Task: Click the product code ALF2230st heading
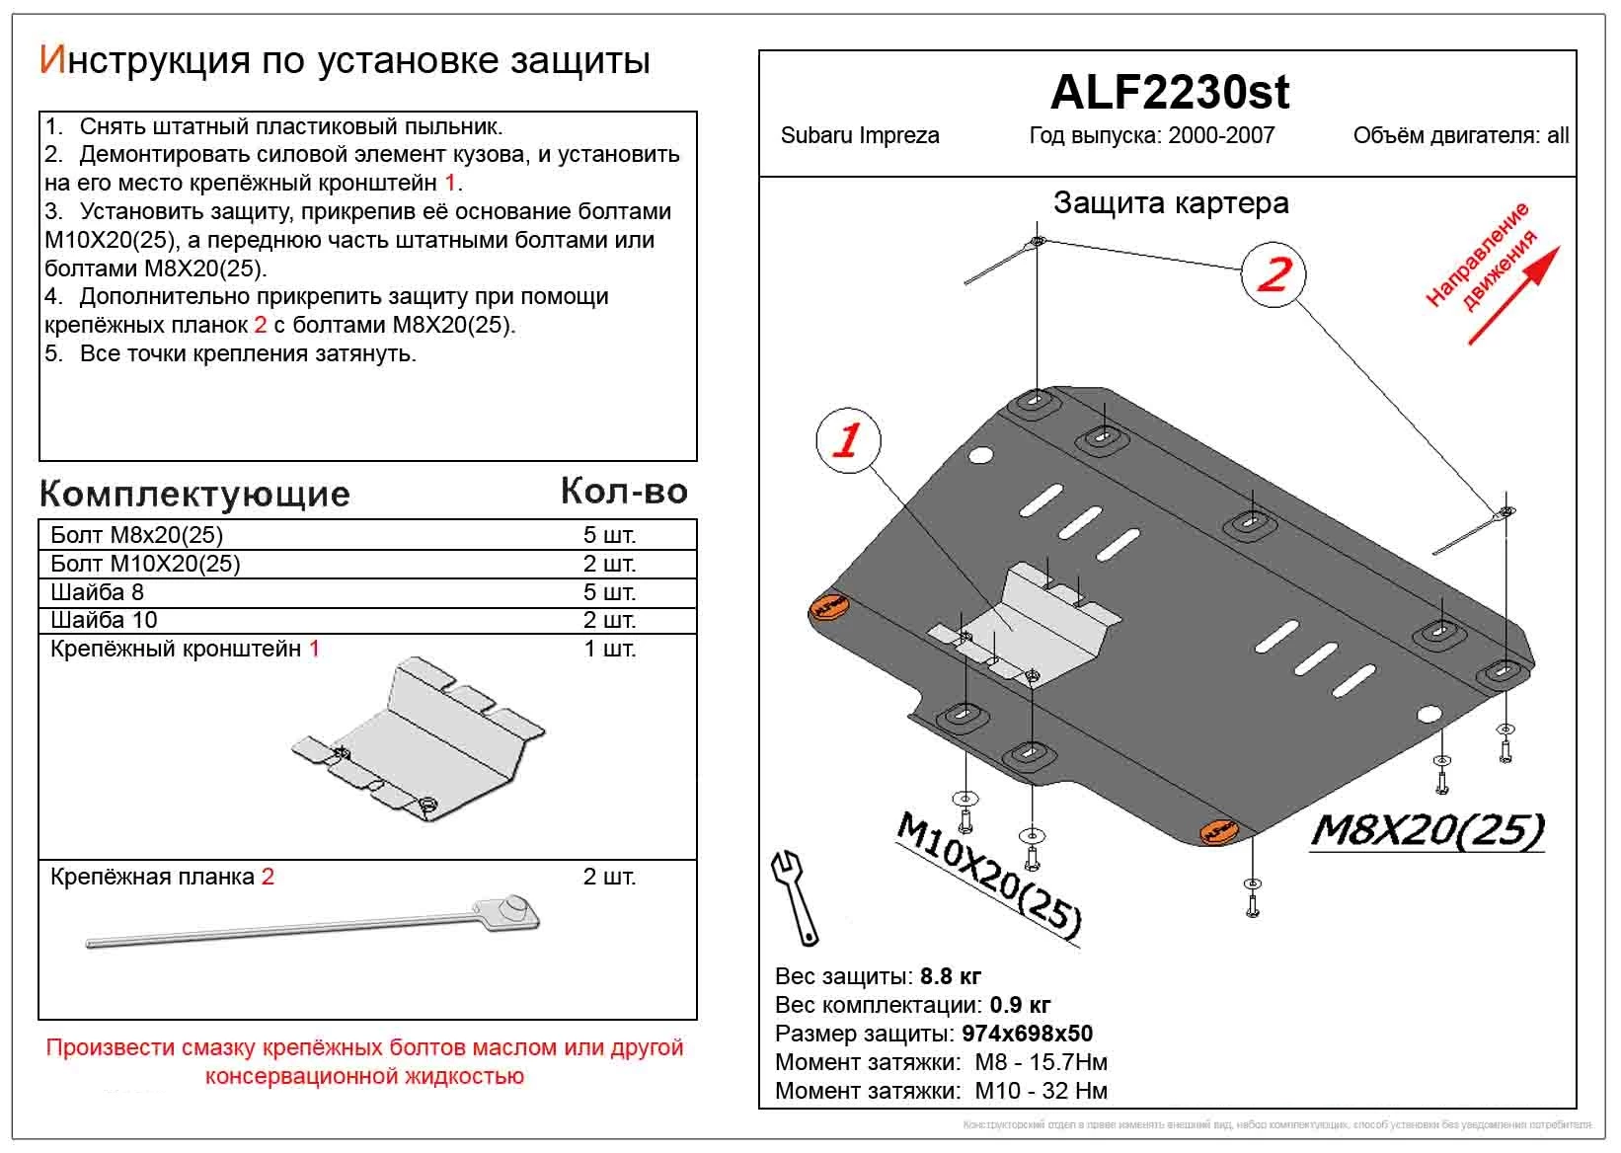pyautogui.click(x=1169, y=93)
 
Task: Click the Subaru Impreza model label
pyautogui.click(x=859, y=136)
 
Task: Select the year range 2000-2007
pyautogui.click(x=1220, y=136)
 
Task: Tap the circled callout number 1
pyautogui.click(x=847, y=439)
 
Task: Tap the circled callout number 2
pyautogui.click(x=1274, y=274)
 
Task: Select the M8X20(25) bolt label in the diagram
pyautogui.click(x=1427, y=832)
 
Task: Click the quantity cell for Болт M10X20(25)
pyautogui.click(x=609, y=564)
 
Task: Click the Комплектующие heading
pyautogui.click(x=194, y=494)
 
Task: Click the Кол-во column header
pyautogui.click(x=623, y=491)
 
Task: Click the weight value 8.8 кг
pyautogui.click(x=950, y=976)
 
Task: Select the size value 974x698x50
pyautogui.click(x=1027, y=1034)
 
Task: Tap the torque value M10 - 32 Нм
pyautogui.click(x=1041, y=1091)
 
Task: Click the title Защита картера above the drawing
pyautogui.click(x=1171, y=203)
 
